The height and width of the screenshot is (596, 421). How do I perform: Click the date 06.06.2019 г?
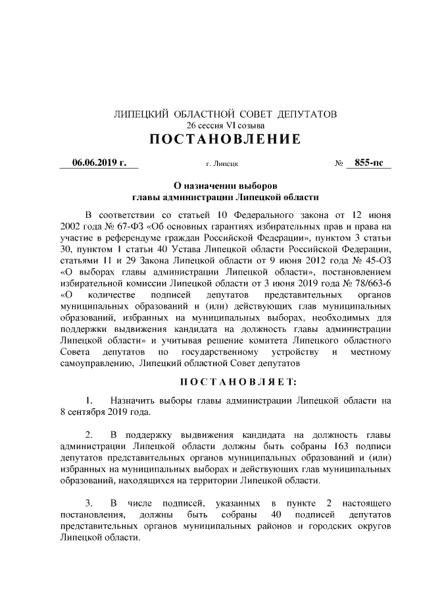tap(99, 162)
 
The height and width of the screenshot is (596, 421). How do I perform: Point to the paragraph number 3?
tap(89, 501)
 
